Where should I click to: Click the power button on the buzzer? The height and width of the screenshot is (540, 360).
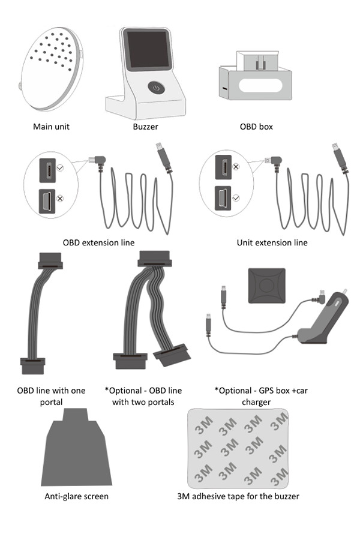[155, 88]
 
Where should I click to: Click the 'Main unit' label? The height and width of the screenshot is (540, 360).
[51, 127]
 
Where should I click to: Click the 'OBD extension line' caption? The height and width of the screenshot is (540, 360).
[98, 242]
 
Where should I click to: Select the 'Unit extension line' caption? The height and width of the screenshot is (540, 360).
[272, 242]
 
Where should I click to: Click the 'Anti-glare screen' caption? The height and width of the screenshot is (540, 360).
[77, 496]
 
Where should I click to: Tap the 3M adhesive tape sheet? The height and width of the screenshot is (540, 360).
[237, 448]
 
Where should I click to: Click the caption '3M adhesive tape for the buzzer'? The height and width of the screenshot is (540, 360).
[238, 496]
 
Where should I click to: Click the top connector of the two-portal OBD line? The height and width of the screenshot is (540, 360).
[154, 258]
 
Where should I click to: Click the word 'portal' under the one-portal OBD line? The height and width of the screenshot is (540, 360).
[51, 401]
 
